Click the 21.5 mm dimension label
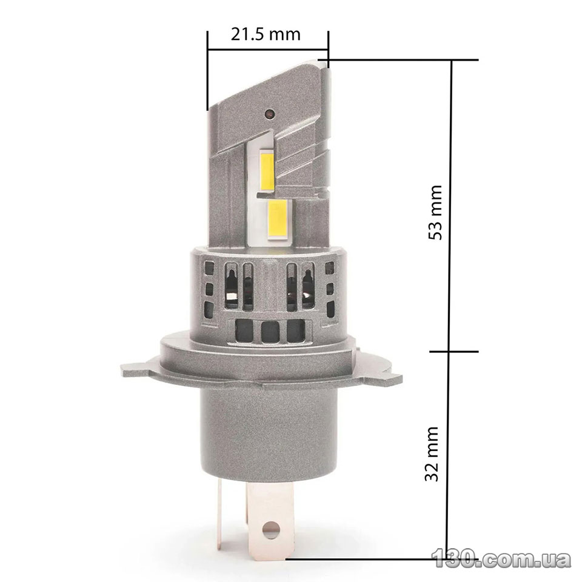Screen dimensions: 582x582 click(266, 35)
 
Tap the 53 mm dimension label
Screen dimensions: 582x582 click(435, 212)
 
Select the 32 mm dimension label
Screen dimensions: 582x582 click(432, 453)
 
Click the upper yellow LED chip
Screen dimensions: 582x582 click(267, 170)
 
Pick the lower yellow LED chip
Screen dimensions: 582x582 click(277, 219)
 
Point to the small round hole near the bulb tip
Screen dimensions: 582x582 click(269, 113)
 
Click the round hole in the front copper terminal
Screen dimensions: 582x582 click(270, 530)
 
